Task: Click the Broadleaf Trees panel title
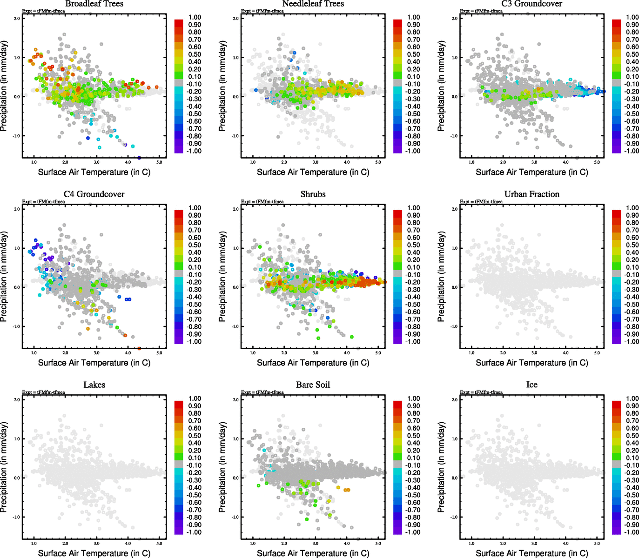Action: click(94, 4)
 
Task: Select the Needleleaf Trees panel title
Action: click(313, 4)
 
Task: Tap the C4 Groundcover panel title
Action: click(94, 194)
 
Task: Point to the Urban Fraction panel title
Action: click(531, 194)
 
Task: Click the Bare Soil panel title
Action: click(313, 385)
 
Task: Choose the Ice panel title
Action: click(531, 385)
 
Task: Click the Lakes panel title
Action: click(94, 385)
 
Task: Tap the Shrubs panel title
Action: click(313, 194)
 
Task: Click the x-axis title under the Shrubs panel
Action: click(313, 363)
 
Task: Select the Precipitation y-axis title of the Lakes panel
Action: click(4, 467)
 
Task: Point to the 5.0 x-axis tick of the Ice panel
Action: click(597, 543)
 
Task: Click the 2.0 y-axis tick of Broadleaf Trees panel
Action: click(17, 19)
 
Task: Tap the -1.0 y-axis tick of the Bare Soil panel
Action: click(235, 517)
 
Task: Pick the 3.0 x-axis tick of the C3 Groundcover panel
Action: click(534, 162)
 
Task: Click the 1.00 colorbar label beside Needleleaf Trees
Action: click(413, 17)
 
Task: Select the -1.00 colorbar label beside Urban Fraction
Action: click(632, 341)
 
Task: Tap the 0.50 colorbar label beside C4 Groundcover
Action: click(195, 245)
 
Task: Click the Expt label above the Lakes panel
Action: click(43, 392)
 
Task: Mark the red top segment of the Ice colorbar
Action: click(616, 405)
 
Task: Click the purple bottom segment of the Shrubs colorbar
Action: click(397, 340)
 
